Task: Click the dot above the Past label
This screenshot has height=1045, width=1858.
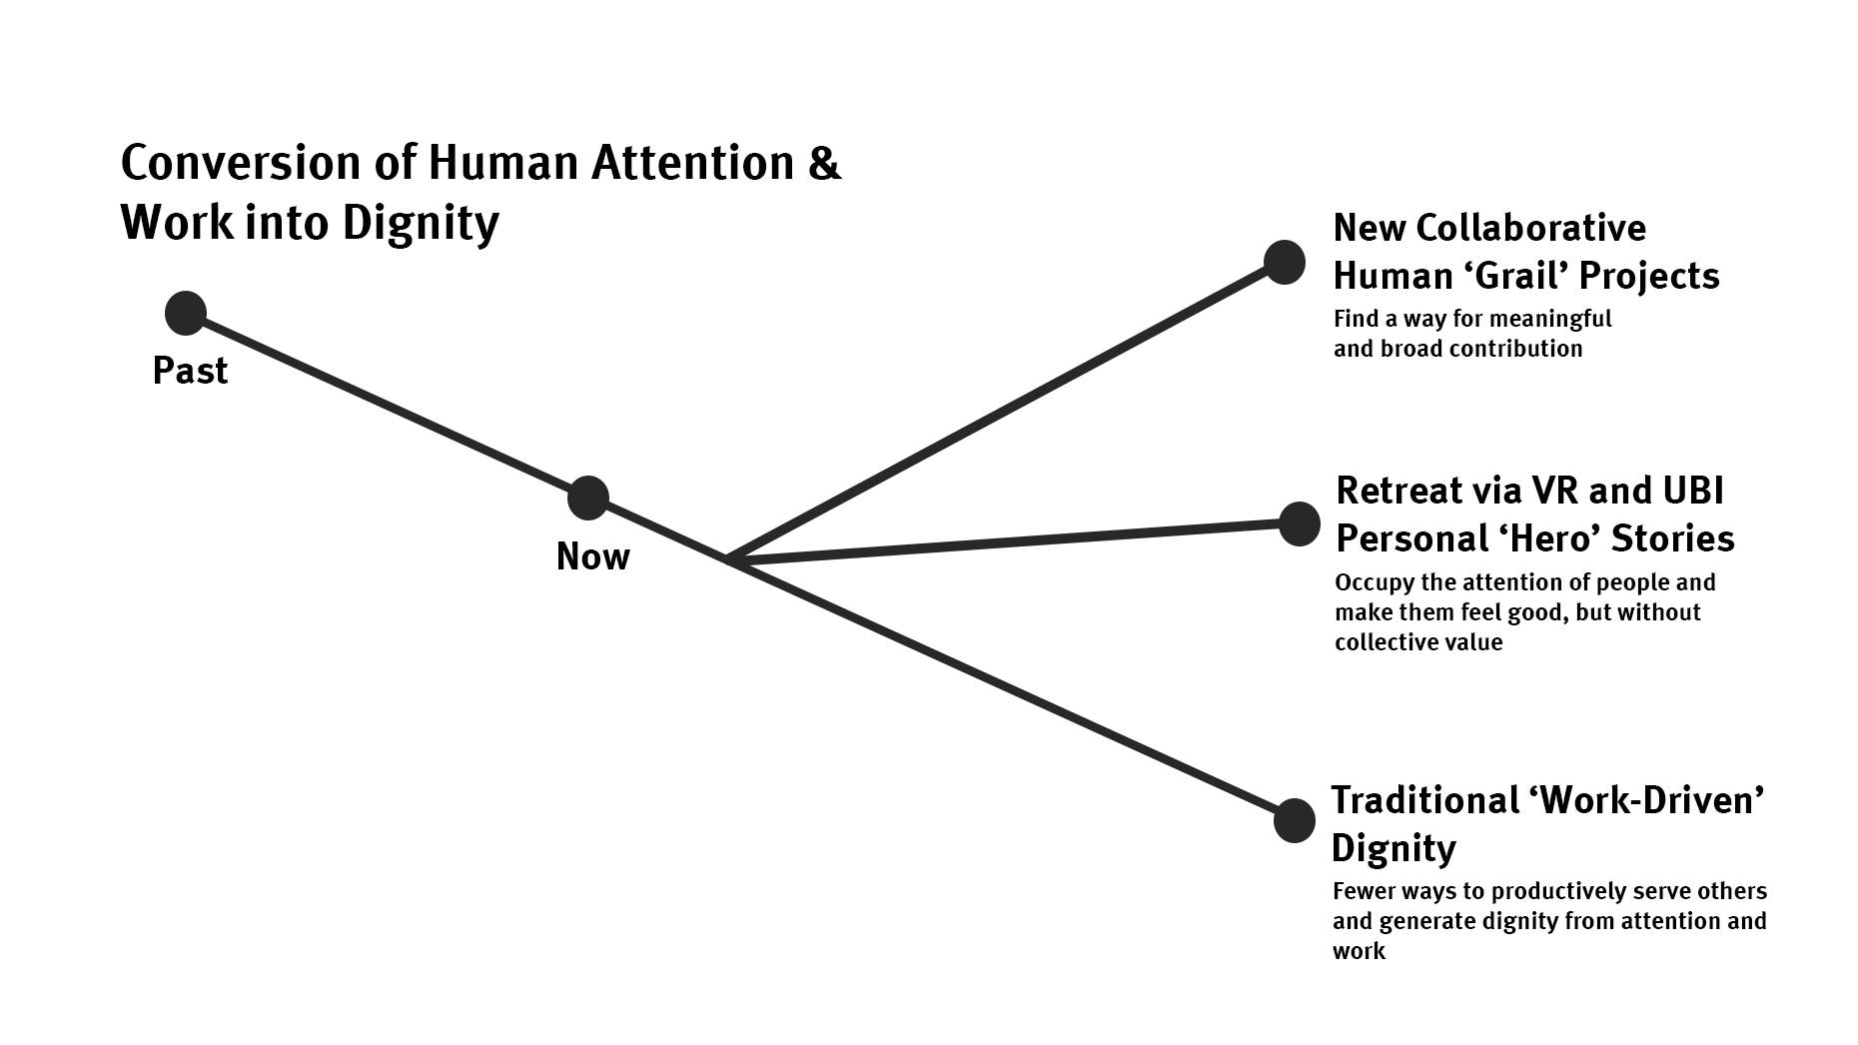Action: click(186, 313)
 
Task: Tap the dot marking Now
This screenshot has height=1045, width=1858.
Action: click(588, 498)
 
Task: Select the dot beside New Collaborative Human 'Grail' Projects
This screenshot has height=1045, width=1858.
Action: click(1285, 262)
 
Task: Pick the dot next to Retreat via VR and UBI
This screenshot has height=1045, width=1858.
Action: click(1300, 523)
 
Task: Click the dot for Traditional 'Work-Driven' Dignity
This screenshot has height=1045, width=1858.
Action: click(1295, 820)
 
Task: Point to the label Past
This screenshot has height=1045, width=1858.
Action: click(190, 371)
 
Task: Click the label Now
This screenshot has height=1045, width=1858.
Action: click(592, 556)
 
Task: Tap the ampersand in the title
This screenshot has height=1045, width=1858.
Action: click(825, 163)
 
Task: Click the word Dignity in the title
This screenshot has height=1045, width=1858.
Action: click(420, 222)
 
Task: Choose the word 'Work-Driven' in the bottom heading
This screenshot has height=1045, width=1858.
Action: click(1646, 800)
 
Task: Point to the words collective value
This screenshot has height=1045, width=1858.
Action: click(1418, 642)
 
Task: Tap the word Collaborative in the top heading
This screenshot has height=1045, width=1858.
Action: click(1532, 228)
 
